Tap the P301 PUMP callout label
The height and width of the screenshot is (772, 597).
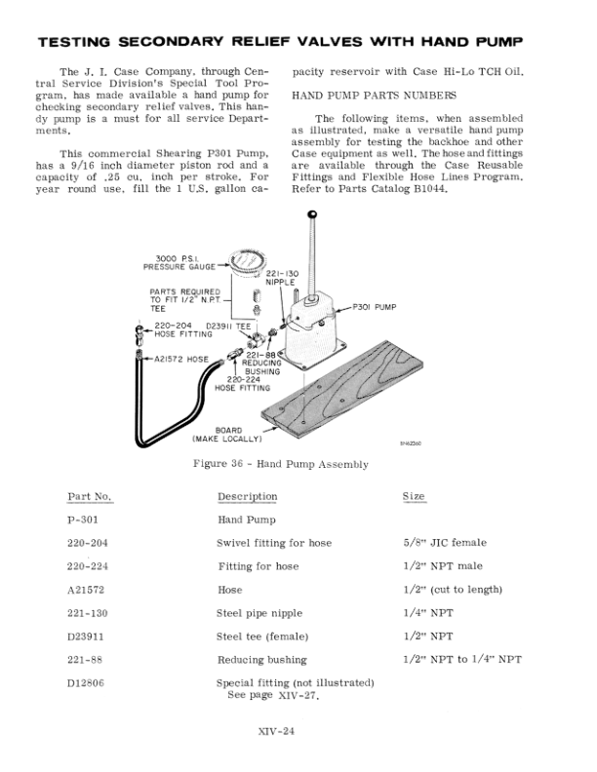[x=374, y=306]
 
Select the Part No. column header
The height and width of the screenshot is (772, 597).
[x=89, y=497]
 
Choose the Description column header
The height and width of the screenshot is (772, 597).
[x=247, y=497]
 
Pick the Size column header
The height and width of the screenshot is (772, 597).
[x=414, y=497]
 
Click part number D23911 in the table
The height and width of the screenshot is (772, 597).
[x=88, y=637]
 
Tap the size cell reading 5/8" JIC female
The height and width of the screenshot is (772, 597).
[x=444, y=543]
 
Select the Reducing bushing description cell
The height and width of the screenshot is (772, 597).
[x=261, y=660]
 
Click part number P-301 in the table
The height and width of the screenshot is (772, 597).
[x=82, y=520]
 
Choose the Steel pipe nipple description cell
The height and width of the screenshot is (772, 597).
[x=259, y=613]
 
